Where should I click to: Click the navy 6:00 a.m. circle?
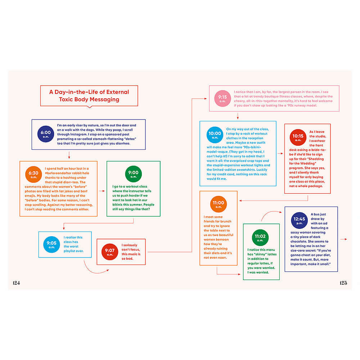pyautogui.click(x=46, y=134)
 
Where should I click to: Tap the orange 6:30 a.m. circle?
pyautogui.click(x=33, y=174)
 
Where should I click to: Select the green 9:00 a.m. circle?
pyautogui.click(x=134, y=174)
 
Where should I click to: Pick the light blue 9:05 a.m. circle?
pyautogui.click(x=51, y=244)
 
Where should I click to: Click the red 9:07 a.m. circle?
pyautogui.click(x=110, y=252)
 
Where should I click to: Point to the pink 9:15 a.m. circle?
pyautogui.click(x=222, y=98)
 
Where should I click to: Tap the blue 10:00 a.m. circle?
pyautogui.click(x=215, y=135)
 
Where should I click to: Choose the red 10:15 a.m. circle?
pyautogui.click(x=298, y=137)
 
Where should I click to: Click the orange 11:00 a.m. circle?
pyautogui.click(x=219, y=204)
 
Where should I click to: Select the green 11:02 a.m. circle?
pyautogui.click(x=260, y=238)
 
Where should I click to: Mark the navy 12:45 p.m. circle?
pyautogui.click(x=300, y=220)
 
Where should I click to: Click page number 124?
pyautogui.click(x=16, y=283)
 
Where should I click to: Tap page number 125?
pyautogui.click(x=343, y=283)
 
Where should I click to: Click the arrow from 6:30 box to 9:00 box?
pyautogui.click(x=102, y=191)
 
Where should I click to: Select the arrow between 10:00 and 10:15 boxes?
pyautogui.click(x=280, y=153)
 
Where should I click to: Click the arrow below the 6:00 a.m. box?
pyautogui.click(x=69, y=155)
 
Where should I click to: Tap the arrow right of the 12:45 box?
pyautogui.click(x=344, y=239)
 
